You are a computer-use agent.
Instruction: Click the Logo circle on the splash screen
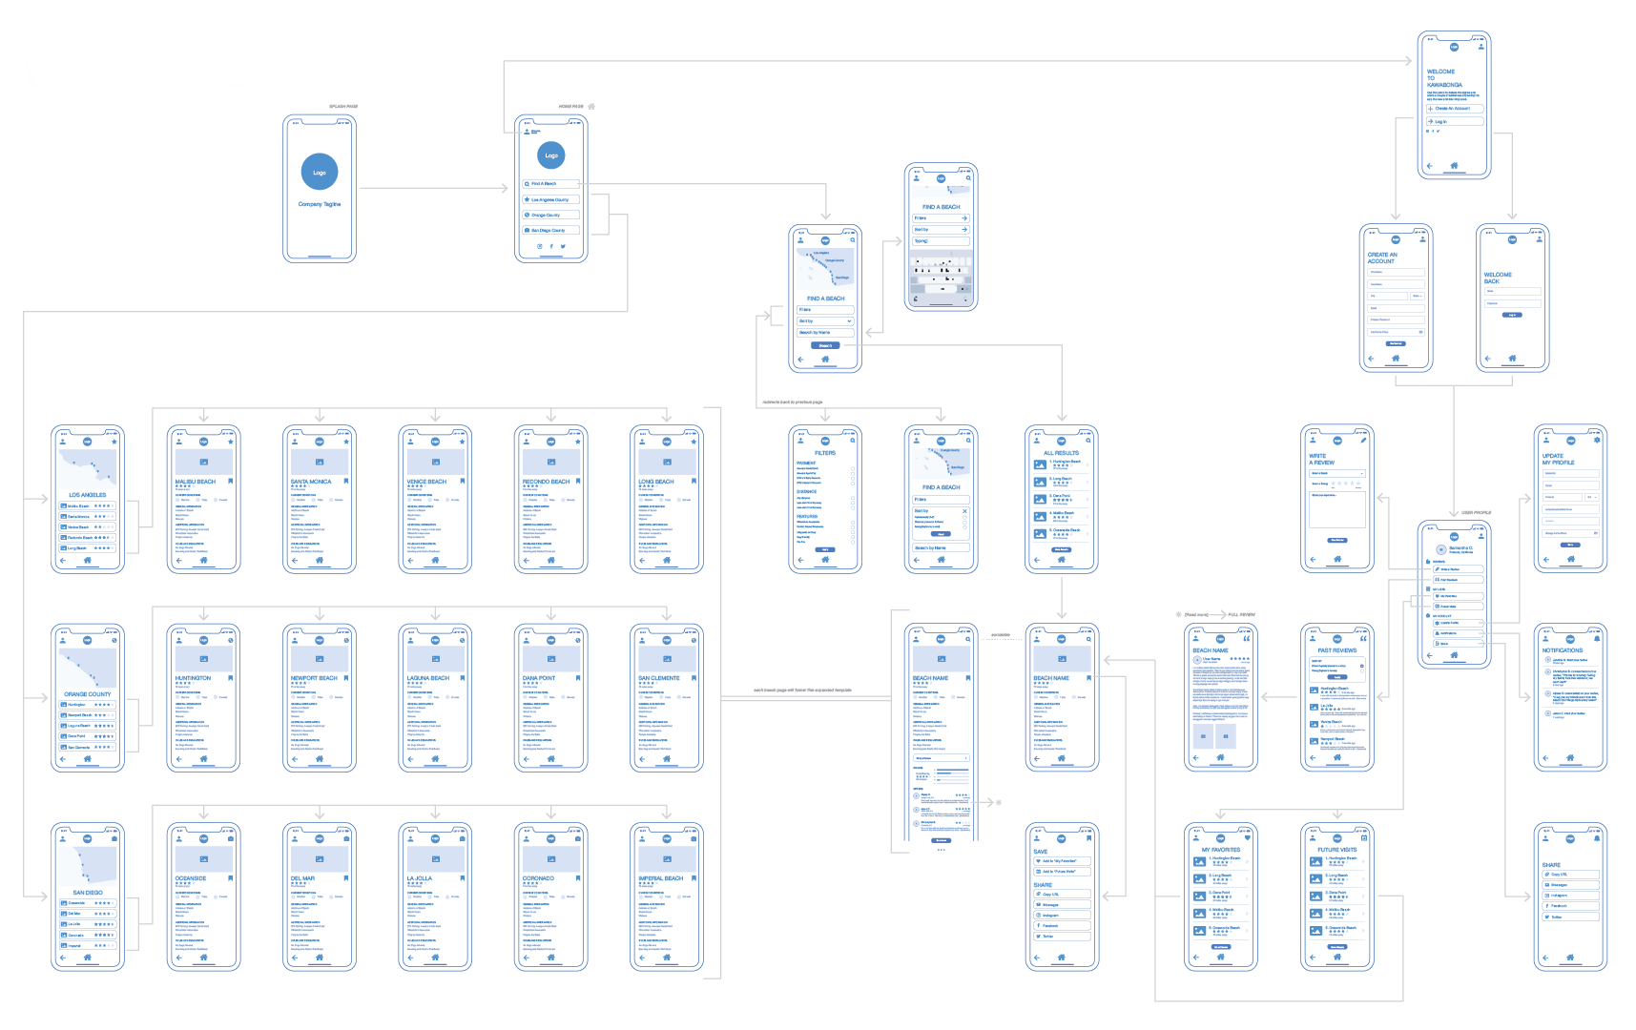[320, 172]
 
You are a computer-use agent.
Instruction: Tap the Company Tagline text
[320, 204]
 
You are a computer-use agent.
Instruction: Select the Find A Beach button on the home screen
[551, 184]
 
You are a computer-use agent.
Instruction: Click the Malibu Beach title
[196, 482]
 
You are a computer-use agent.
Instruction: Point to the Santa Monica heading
[311, 482]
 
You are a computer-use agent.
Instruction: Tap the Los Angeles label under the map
[87, 495]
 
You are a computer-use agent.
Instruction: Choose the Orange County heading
[87, 694]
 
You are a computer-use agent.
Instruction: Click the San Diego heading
[87, 893]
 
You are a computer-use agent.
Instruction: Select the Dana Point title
[539, 678]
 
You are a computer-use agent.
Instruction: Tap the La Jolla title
[420, 878]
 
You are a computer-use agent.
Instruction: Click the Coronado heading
[539, 878]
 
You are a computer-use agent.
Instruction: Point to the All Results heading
[1061, 453]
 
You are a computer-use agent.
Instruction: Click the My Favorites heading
[1220, 849]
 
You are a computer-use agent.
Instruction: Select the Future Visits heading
[1336, 849]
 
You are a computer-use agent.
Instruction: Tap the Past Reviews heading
[1336, 650]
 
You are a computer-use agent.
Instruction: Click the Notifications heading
[1563, 650]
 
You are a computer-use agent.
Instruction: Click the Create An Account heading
[1382, 257]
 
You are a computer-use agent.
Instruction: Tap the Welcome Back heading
[1498, 278]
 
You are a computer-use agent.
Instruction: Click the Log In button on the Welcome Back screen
[1512, 315]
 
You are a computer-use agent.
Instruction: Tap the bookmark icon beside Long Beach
[694, 482]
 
